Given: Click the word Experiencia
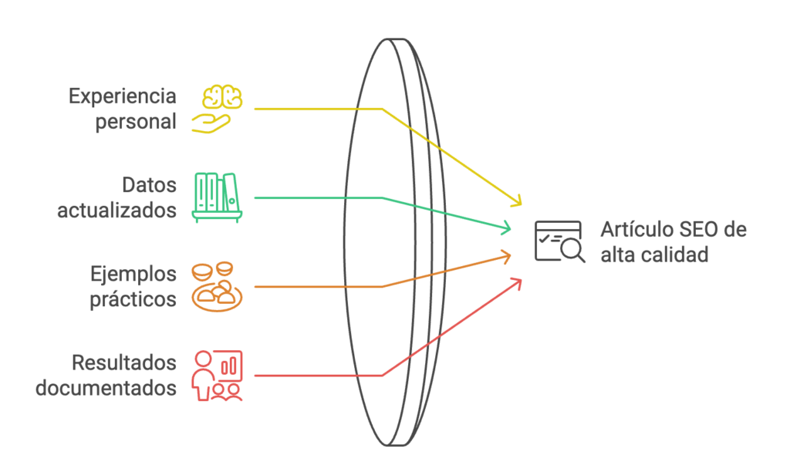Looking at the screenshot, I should (123, 97).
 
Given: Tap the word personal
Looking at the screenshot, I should (136, 122).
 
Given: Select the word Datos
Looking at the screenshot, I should (150, 186).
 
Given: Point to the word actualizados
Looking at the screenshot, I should (116, 211).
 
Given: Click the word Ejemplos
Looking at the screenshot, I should (133, 275).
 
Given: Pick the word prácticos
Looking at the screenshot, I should (133, 299).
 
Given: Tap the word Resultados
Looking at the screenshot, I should (124, 363).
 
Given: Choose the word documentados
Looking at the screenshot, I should (106, 387).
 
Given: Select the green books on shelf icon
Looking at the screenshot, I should (218, 198).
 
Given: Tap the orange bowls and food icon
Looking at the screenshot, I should (217, 287).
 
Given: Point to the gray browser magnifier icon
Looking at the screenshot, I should (560, 241).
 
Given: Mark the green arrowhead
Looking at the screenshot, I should (508, 228).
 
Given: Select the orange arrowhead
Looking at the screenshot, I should (506, 255).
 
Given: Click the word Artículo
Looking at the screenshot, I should (629, 231).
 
